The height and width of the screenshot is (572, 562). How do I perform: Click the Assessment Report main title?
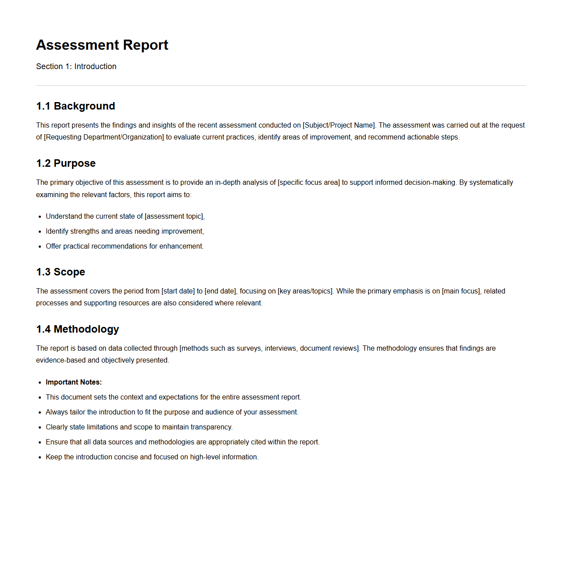[x=102, y=45]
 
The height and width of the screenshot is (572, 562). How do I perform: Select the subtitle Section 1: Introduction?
[x=76, y=66]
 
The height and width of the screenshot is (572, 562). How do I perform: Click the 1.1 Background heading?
[x=76, y=106]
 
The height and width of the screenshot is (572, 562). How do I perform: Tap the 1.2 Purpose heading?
[x=66, y=163]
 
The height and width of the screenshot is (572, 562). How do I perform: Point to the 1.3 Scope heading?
[x=61, y=272]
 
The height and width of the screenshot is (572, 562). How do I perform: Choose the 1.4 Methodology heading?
[x=78, y=329]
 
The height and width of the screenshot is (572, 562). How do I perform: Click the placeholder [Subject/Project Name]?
[x=339, y=125]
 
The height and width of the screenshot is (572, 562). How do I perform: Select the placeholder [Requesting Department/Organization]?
[x=104, y=137]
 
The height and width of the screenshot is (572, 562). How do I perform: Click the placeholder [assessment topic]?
[x=174, y=216]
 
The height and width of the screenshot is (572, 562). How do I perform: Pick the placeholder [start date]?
[x=178, y=291]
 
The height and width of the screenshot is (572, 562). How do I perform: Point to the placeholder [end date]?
[x=220, y=291]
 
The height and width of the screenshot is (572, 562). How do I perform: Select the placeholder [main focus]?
[x=461, y=291]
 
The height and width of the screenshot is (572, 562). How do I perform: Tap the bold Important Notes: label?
[x=74, y=382]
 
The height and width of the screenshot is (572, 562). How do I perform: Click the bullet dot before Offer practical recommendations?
[x=40, y=247]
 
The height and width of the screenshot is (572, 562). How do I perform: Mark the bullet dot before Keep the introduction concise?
[x=40, y=458]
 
